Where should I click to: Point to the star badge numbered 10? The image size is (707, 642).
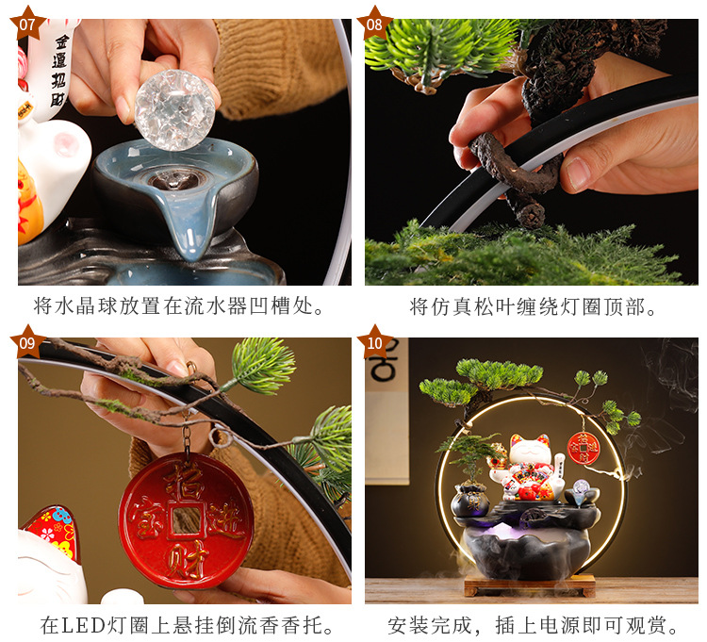[375, 341]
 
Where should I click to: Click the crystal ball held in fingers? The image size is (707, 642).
[175, 108]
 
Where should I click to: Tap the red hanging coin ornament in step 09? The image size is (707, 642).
[186, 519]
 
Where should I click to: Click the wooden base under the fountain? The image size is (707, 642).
[529, 585]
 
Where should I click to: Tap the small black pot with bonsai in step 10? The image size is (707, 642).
[469, 500]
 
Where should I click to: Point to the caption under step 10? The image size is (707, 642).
[533, 625]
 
